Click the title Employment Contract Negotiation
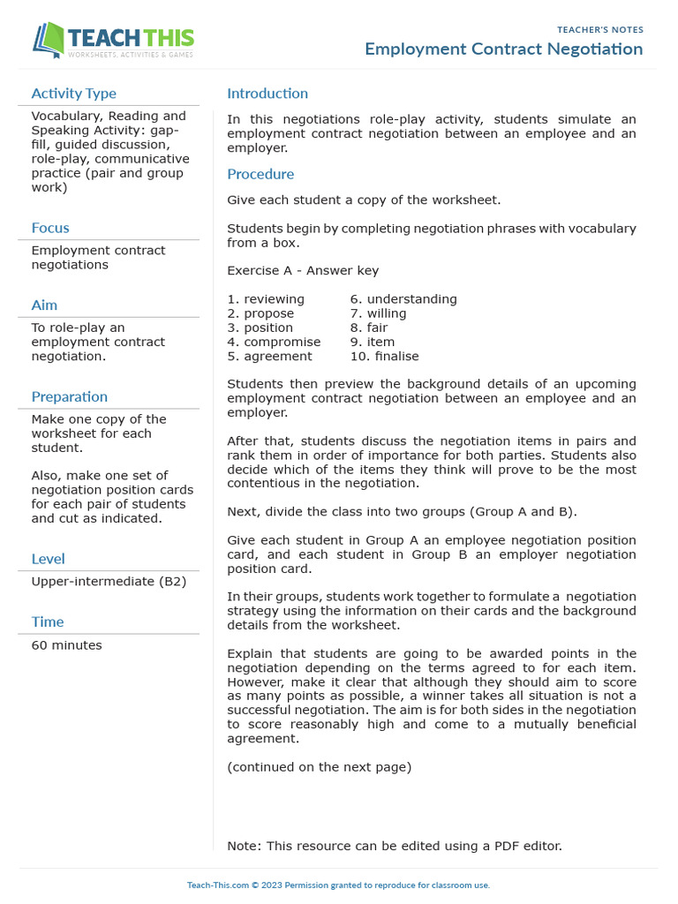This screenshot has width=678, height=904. click(503, 49)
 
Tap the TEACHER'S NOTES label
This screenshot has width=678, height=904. click(599, 30)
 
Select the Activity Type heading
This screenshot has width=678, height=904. click(73, 94)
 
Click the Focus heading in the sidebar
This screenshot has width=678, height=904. click(50, 228)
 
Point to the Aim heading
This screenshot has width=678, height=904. click(44, 305)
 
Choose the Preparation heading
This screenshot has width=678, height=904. click(70, 397)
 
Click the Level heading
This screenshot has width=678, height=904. click(48, 559)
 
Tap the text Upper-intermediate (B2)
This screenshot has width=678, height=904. click(109, 582)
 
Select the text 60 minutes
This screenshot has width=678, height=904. click(66, 645)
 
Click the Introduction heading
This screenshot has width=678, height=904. click(267, 94)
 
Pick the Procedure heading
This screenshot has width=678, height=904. click(260, 175)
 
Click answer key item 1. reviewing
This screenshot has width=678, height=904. click(266, 299)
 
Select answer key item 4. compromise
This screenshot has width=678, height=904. click(274, 342)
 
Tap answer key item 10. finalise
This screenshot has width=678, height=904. click(384, 357)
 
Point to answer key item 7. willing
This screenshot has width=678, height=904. click(378, 313)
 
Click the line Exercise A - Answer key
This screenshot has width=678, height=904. click(303, 271)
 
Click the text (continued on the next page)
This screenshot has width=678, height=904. click(319, 767)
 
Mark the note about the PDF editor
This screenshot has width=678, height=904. click(394, 846)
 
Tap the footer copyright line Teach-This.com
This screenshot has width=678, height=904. click(338, 885)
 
